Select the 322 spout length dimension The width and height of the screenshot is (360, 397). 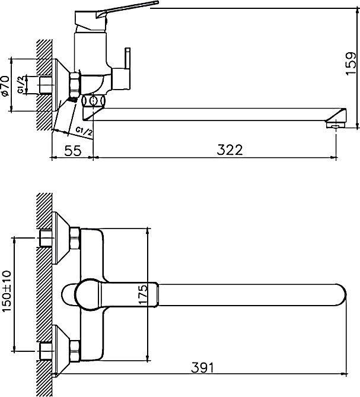coord(230,150)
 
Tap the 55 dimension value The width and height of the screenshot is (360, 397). coord(72,150)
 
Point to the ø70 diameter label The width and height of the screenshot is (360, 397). coord(5,85)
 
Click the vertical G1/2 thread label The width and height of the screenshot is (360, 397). coord(21,85)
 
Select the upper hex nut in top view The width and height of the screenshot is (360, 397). coord(75,239)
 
